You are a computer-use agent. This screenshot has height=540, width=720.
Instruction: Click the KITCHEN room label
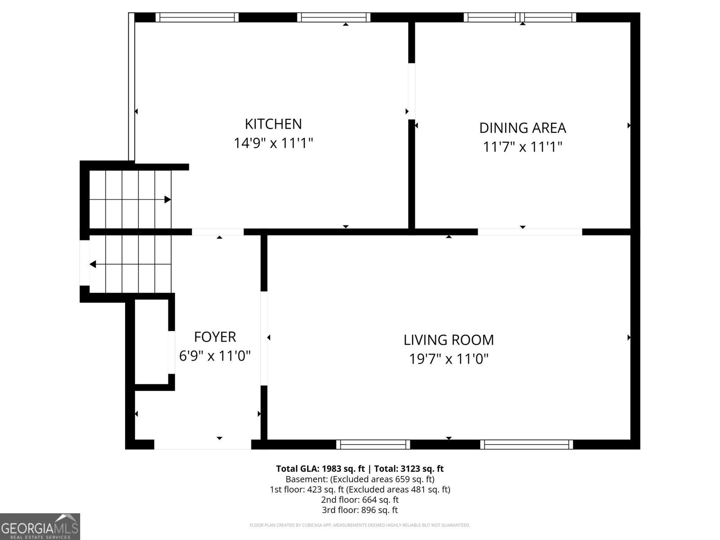tap(273, 124)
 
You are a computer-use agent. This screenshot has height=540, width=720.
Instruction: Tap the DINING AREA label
tap(522, 128)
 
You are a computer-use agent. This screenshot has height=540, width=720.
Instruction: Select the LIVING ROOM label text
tap(448, 340)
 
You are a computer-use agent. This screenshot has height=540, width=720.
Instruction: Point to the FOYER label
tap(215, 337)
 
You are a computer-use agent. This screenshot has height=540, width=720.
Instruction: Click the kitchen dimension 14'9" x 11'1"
tap(273, 143)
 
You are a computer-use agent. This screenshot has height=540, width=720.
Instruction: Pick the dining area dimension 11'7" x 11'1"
tap(522, 147)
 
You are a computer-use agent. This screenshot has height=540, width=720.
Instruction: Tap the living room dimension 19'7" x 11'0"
tap(448, 359)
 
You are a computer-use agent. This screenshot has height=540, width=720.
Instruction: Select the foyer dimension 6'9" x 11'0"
tap(215, 356)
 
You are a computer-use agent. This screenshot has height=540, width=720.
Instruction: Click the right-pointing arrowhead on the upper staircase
tap(167, 199)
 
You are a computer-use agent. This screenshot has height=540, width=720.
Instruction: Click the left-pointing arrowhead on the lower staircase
tap(93, 264)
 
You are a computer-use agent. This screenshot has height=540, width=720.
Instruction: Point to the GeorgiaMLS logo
tap(40, 526)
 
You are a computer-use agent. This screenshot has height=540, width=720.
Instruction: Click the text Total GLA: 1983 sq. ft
tap(320, 469)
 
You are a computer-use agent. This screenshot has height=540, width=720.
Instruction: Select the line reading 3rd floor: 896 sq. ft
tap(360, 510)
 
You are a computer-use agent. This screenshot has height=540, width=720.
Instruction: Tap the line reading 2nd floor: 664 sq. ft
tap(360, 499)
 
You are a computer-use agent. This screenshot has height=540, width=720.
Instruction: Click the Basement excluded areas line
tap(360, 479)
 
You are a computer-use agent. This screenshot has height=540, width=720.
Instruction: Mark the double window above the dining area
tap(520, 18)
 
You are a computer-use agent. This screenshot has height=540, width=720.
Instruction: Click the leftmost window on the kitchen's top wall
tap(197, 18)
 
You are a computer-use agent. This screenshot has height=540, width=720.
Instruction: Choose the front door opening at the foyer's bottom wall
tap(202, 444)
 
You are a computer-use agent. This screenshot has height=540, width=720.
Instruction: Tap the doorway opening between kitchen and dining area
tap(412, 91)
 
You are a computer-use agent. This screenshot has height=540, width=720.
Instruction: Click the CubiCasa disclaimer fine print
tap(360, 525)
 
